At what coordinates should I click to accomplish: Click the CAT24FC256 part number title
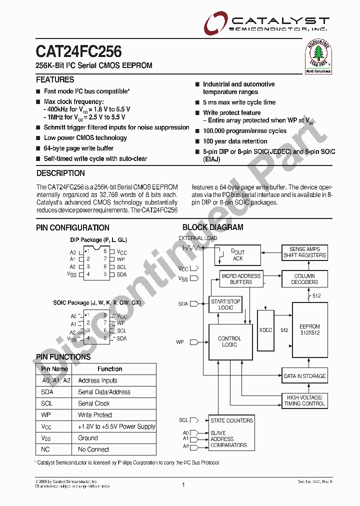point(78,51)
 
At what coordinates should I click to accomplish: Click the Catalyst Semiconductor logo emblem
point(215,23)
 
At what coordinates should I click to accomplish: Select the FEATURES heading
point(55,79)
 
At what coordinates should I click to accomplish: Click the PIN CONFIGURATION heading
point(72,227)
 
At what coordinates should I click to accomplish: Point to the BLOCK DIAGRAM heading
point(213,227)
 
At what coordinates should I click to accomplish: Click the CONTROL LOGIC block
point(229,341)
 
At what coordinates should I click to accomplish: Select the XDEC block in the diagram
point(266,330)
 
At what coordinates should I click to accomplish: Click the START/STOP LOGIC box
point(225,304)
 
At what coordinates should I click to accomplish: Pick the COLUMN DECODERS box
point(304,279)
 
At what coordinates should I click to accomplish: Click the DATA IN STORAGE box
point(304,376)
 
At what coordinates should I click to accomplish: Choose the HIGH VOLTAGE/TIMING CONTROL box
point(304,400)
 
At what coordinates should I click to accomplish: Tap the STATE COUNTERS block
point(232,420)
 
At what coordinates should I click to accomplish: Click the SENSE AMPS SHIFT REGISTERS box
point(304,252)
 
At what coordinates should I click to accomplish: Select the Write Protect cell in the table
point(95,415)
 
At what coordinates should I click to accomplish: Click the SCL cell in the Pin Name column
point(47,403)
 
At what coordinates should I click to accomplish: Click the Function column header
point(110,369)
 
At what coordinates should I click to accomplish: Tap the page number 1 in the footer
point(183,484)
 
